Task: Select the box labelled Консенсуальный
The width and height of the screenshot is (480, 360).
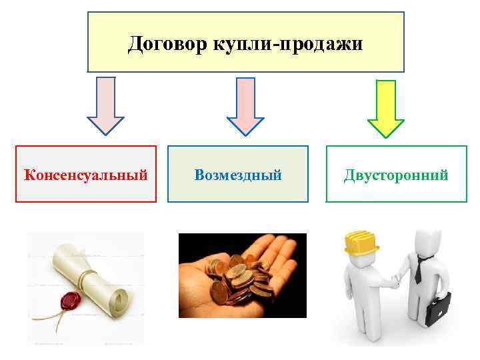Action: click(86, 174)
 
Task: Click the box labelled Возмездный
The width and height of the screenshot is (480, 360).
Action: click(238, 174)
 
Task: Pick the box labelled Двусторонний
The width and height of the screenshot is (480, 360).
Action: click(396, 174)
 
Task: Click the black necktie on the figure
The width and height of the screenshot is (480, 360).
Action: click(419, 270)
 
